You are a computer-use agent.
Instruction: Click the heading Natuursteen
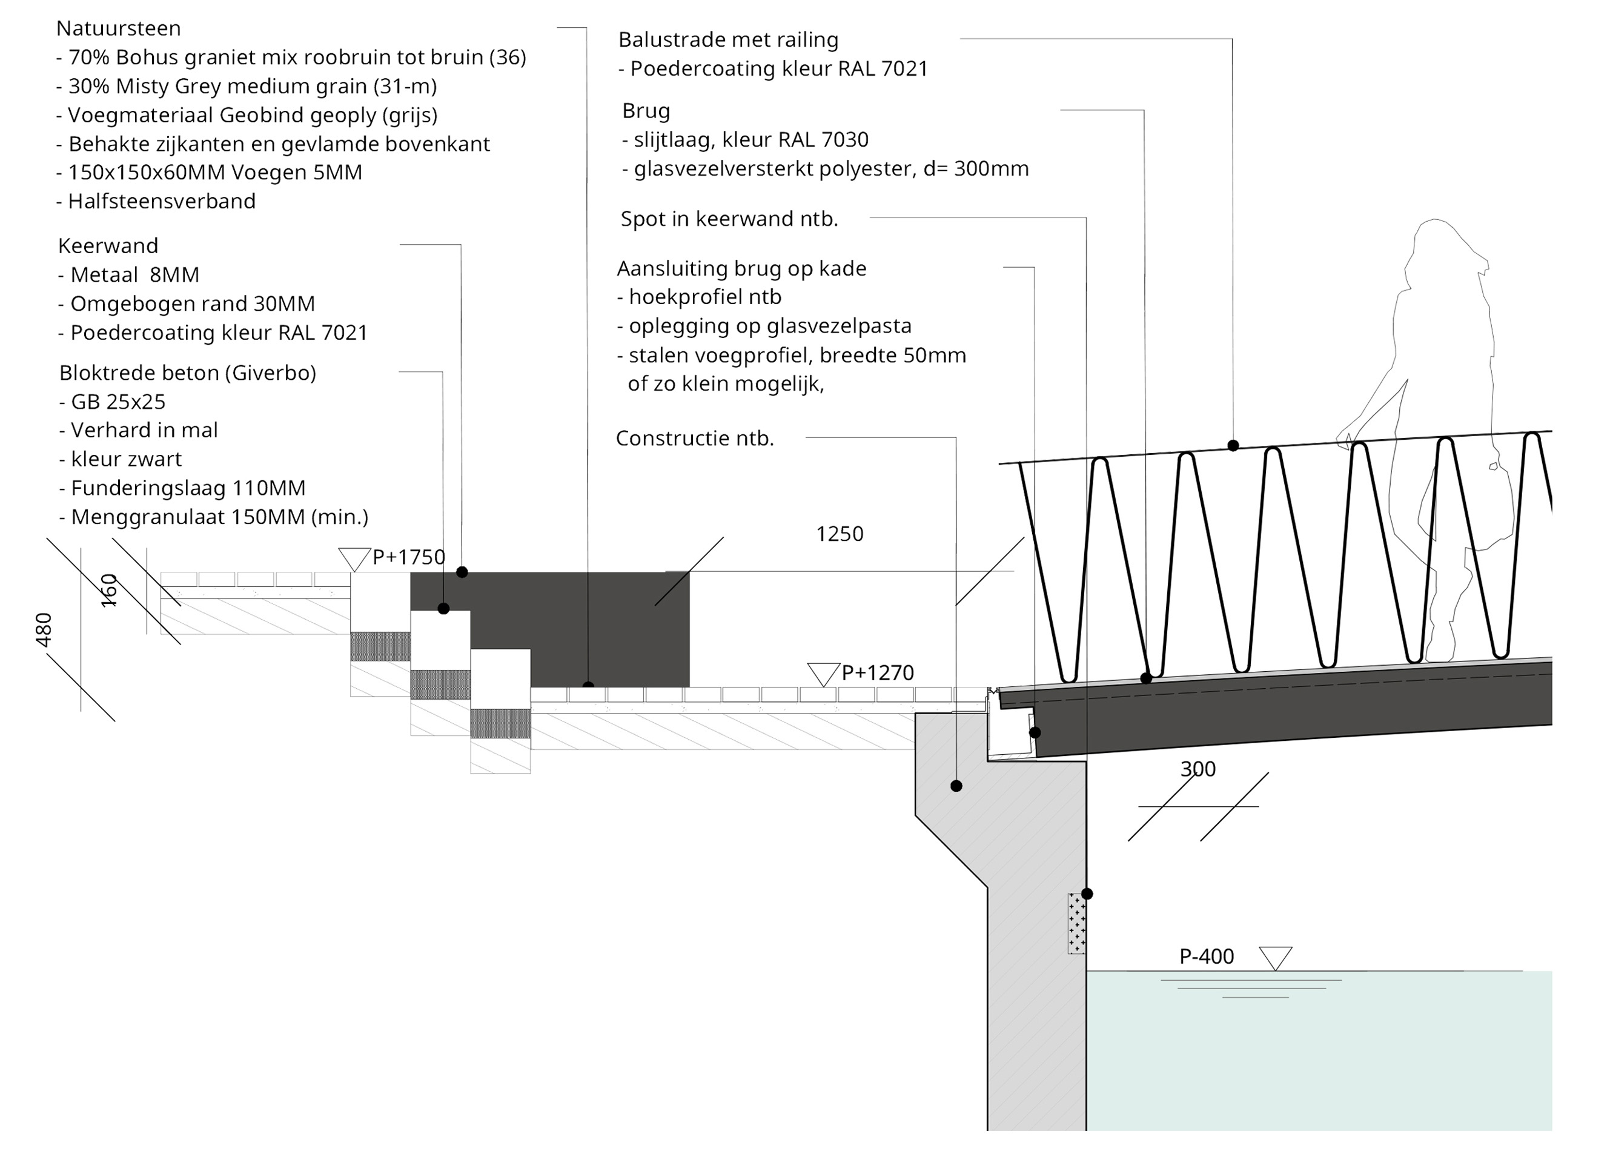[119, 28]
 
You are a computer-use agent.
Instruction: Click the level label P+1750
[408, 557]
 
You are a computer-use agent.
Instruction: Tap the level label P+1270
[878, 672]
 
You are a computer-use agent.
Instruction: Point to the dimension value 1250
[839, 534]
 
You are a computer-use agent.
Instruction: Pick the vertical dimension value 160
[108, 591]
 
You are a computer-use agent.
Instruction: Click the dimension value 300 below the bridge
[1198, 769]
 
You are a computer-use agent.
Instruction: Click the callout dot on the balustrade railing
[1233, 446]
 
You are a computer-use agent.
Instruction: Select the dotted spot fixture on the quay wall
[1076, 923]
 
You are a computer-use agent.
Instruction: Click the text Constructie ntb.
[694, 438]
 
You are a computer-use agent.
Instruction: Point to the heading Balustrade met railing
[727, 40]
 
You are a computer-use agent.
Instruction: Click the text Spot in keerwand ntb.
[729, 219]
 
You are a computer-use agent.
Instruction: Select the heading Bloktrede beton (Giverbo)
[187, 373]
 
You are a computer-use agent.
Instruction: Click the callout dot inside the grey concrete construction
[956, 786]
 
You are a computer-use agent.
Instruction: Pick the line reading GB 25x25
[112, 402]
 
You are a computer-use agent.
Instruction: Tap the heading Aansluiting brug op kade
[741, 268]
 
